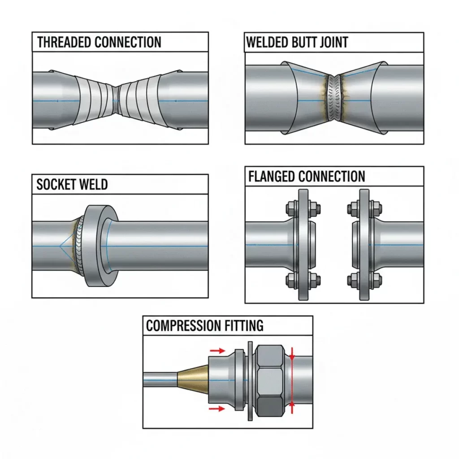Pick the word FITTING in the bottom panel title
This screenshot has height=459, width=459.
[244, 325]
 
